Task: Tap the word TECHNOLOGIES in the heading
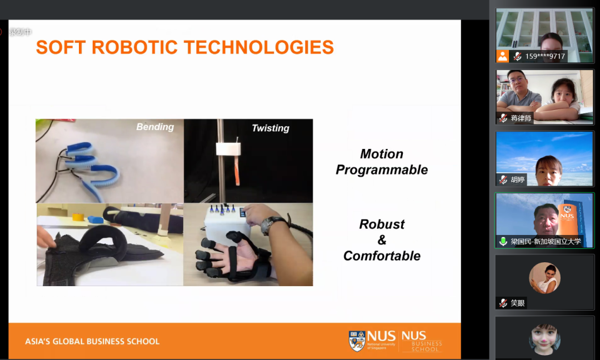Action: pos(259,47)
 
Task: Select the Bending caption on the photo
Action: pos(155,127)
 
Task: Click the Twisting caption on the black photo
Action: pos(271,128)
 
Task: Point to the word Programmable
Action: pos(382,170)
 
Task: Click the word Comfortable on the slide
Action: pos(382,256)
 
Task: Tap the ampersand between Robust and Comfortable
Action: pos(382,240)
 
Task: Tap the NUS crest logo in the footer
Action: pos(357,341)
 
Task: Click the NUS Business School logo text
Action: pos(422,341)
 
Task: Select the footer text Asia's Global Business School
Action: pos(92,341)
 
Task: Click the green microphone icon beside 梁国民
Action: pos(503,242)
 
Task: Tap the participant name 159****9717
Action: pos(545,57)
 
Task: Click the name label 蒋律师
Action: pos(521,118)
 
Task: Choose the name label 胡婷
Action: pos(517,179)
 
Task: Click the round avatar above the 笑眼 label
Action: pos(544,278)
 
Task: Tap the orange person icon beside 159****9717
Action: pos(502,56)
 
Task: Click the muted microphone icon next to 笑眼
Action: pos(503,303)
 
